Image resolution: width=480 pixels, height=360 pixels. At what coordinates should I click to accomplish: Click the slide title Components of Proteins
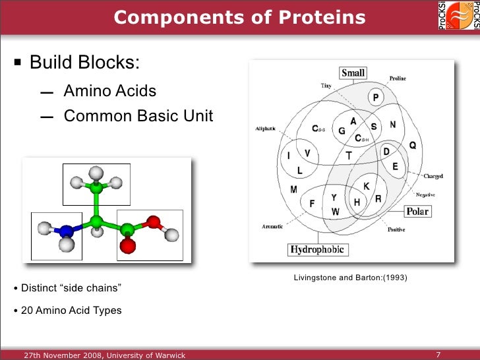(239, 17)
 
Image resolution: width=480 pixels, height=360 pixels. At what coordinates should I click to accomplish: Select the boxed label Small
(353, 73)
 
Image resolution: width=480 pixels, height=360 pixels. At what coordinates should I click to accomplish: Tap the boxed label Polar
(417, 212)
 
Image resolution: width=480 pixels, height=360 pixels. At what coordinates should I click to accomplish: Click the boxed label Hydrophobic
(318, 250)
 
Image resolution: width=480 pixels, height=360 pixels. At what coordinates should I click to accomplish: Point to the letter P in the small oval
(375, 98)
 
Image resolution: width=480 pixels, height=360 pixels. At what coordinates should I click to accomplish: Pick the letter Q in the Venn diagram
(413, 145)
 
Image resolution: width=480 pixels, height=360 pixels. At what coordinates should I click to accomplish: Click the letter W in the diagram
(335, 212)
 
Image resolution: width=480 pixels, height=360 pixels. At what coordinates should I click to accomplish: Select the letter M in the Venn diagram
(293, 190)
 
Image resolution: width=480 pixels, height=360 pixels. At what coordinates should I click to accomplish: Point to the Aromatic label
(272, 227)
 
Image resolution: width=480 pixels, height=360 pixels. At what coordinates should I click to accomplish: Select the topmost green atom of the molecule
(97, 190)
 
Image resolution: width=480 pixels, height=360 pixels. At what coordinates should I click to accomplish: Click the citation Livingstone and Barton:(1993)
(350, 278)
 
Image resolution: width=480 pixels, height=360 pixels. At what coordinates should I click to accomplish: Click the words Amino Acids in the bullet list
(109, 91)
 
